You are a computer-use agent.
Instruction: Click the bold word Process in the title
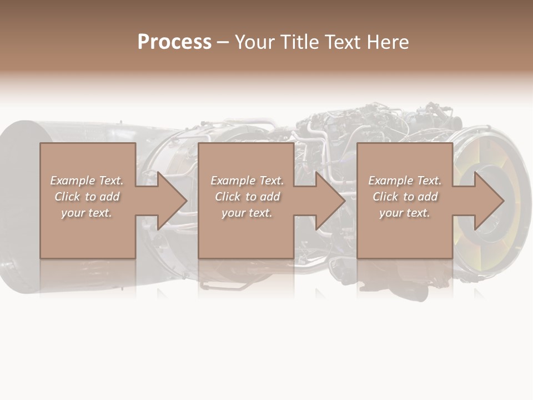pyautogui.click(x=174, y=42)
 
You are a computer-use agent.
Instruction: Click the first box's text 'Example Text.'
pyautogui.click(x=87, y=181)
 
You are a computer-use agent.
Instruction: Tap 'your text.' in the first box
pyautogui.click(x=87, y=213)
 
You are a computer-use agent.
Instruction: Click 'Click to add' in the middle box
pyautogui.click(x=247, y=197)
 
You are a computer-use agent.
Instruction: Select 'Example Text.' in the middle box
pyautogui.click(x=247, y=181)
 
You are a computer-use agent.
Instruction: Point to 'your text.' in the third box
pyautogui.click(x=405, y=213)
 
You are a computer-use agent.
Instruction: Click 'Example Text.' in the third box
pyautogui.click(x=405, y=181)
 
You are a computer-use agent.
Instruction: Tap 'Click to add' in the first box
pyautogui.click(x=87, y=197)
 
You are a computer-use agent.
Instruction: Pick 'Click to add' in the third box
pyautogui.click(x=405, y=197)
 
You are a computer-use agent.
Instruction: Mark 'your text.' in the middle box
pyautogui.click(x=247, y=213)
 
